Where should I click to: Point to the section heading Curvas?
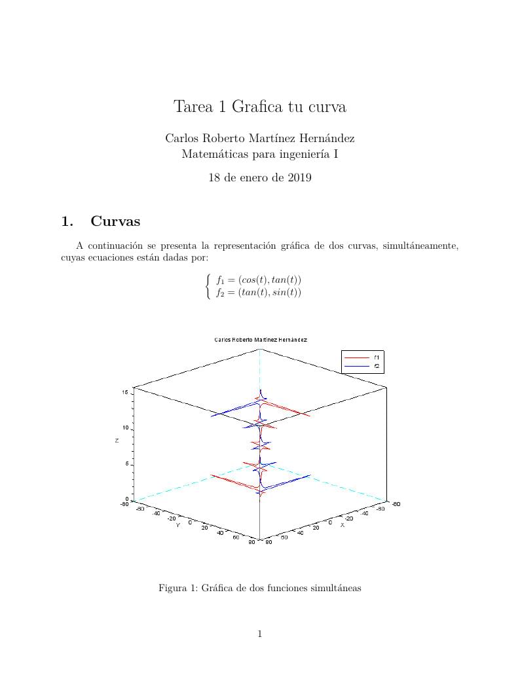click(115, 221)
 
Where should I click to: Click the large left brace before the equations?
click(208, 286)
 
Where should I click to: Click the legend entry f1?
click(377, 357)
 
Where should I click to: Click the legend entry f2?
click(377, 367)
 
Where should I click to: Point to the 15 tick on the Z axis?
click(124, 391)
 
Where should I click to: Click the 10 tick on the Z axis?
click(124, 427)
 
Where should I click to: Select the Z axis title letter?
click(117, 441)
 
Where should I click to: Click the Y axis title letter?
click(177, 525)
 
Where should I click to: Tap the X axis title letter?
click(342, 524)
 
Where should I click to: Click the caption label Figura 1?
click(177, 588)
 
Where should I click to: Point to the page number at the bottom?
click(260, 633)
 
